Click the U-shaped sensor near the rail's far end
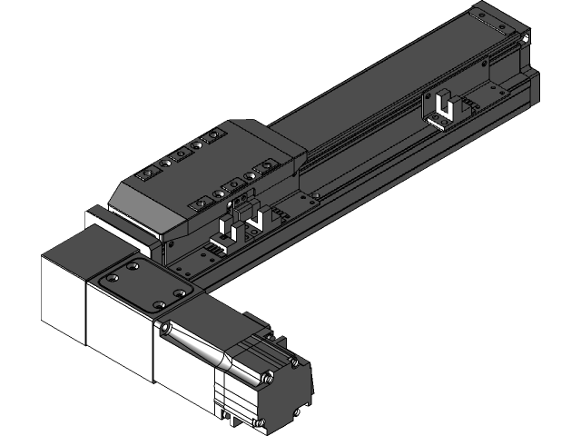[x=443, y=107]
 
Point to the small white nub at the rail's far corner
[x=525, y=39]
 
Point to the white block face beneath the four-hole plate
[x=118, y=322]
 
